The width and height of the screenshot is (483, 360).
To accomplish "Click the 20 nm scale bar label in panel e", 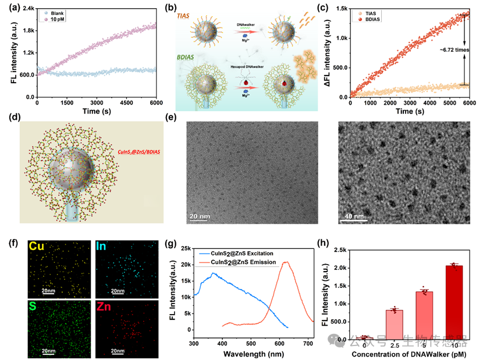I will (199, 216).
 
